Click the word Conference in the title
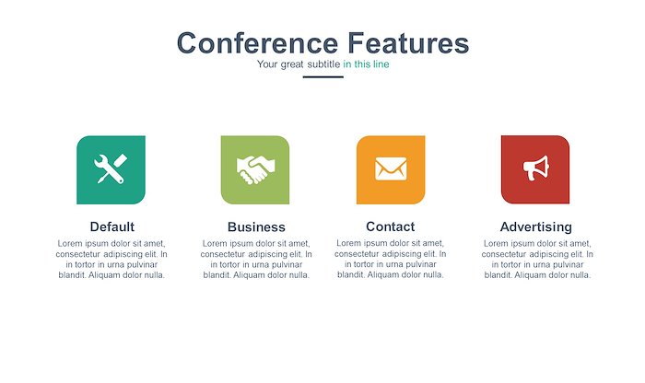257,42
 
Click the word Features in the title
408,42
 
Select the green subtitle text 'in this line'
366,64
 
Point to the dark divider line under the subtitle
322,76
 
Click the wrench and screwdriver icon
111,168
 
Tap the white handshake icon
255,169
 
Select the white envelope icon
391,168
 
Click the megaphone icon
536,168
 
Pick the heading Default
111,226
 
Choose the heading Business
256,226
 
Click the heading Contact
391,226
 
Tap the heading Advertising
536,226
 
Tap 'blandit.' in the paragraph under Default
73,275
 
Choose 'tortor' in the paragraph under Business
232,264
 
